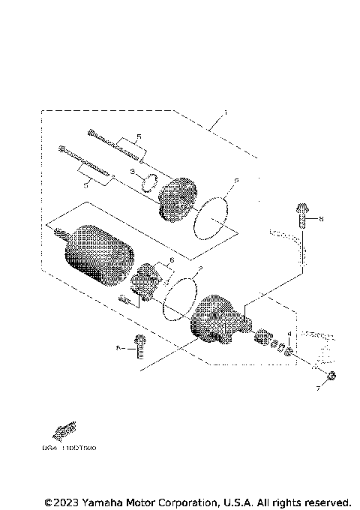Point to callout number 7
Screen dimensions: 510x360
pyautogui.click(x=318, y=389)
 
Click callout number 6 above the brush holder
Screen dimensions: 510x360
pyautogui.click(x=172, y=259)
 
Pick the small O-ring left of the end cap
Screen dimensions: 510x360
pyautogui.click(x=149, y=181)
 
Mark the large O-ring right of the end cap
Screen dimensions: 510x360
pyautogui.click(x=212, y=217)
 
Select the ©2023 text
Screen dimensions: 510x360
pyautogui.click(x=60, y=501)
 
